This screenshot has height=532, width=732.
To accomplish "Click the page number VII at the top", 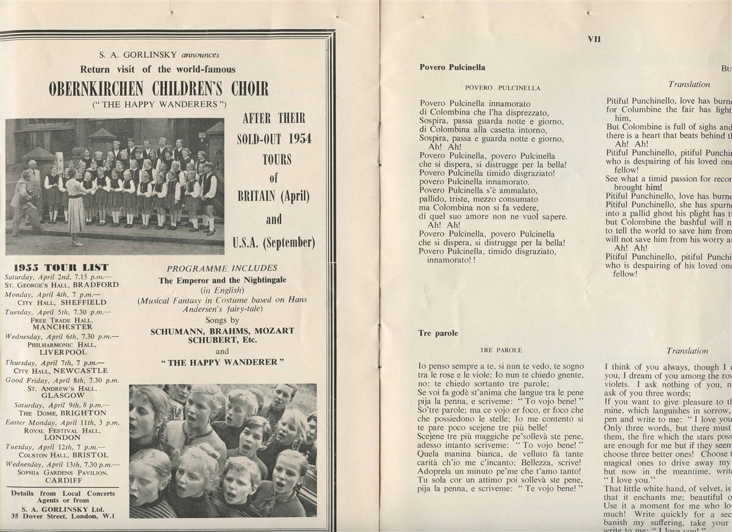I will pyautogui.click(x=594, y=38).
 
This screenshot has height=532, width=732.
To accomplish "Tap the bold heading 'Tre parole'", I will pyautogui.click(x=439, y=333).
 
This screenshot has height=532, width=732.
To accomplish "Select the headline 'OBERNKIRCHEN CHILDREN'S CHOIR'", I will pyautogui.click(x=159, y=89).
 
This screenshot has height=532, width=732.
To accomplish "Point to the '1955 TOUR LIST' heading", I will pyautogui.click(x=61, y=267).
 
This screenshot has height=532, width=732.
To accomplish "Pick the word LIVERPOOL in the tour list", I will pyautogui.click(x=63, y=352).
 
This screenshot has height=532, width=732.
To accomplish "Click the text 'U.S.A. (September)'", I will pyautogui.click(x=274, y=243).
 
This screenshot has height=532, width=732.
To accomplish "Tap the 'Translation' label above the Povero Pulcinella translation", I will pyautogui.click(x=689, y=84).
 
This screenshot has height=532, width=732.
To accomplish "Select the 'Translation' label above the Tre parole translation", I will pyautogui.click(x=687, y=351).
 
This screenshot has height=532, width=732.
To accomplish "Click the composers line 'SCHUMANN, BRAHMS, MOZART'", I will pyautogui.click(x=222, y=331).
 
